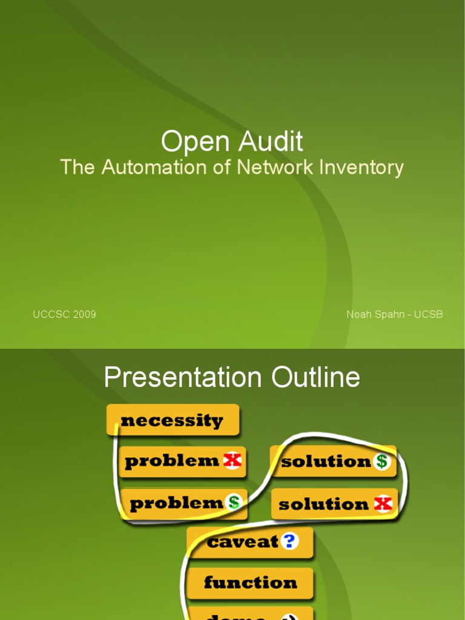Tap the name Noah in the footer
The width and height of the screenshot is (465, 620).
click(359, 314)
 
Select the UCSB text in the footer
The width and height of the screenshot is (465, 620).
click(428, 314)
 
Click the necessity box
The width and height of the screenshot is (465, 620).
click(173, 420)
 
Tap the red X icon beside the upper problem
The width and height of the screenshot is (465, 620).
click(232, 461)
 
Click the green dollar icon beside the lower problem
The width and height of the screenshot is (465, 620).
click(234, 502)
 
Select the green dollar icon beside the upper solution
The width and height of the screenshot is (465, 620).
click(381, 461)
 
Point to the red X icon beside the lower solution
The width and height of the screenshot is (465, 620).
click(383, 504)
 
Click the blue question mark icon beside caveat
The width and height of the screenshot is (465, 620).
click(290, 541)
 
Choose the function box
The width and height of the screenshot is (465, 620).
click(250, 583)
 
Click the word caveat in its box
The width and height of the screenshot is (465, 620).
click(243, 542)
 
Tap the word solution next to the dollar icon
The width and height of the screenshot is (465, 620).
click(326, 461)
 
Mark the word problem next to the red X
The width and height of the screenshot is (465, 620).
click(172, 461)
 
